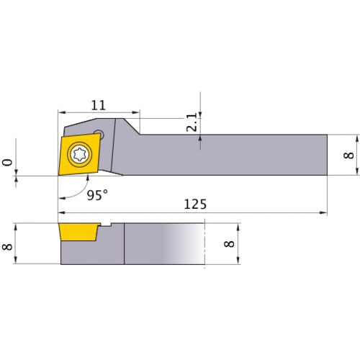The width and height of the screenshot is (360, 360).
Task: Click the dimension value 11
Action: pyautogui.click(x=97, y=105)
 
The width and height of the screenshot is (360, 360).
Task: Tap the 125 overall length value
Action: pyautogui.click(x=194, y=204)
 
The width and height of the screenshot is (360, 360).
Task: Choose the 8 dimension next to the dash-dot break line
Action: pyautogui.click(x=229, y=244)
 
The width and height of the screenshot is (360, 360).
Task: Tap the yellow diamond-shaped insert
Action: pyautogui.click(x=78, y=153)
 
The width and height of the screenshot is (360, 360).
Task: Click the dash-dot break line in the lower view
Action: pyautogui.click(x=204, y=245)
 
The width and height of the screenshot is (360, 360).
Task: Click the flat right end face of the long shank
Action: pyautogui.click(x=327, y=155)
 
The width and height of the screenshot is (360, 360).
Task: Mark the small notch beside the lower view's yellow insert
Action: pyautogui.click(x=106, y=226)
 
